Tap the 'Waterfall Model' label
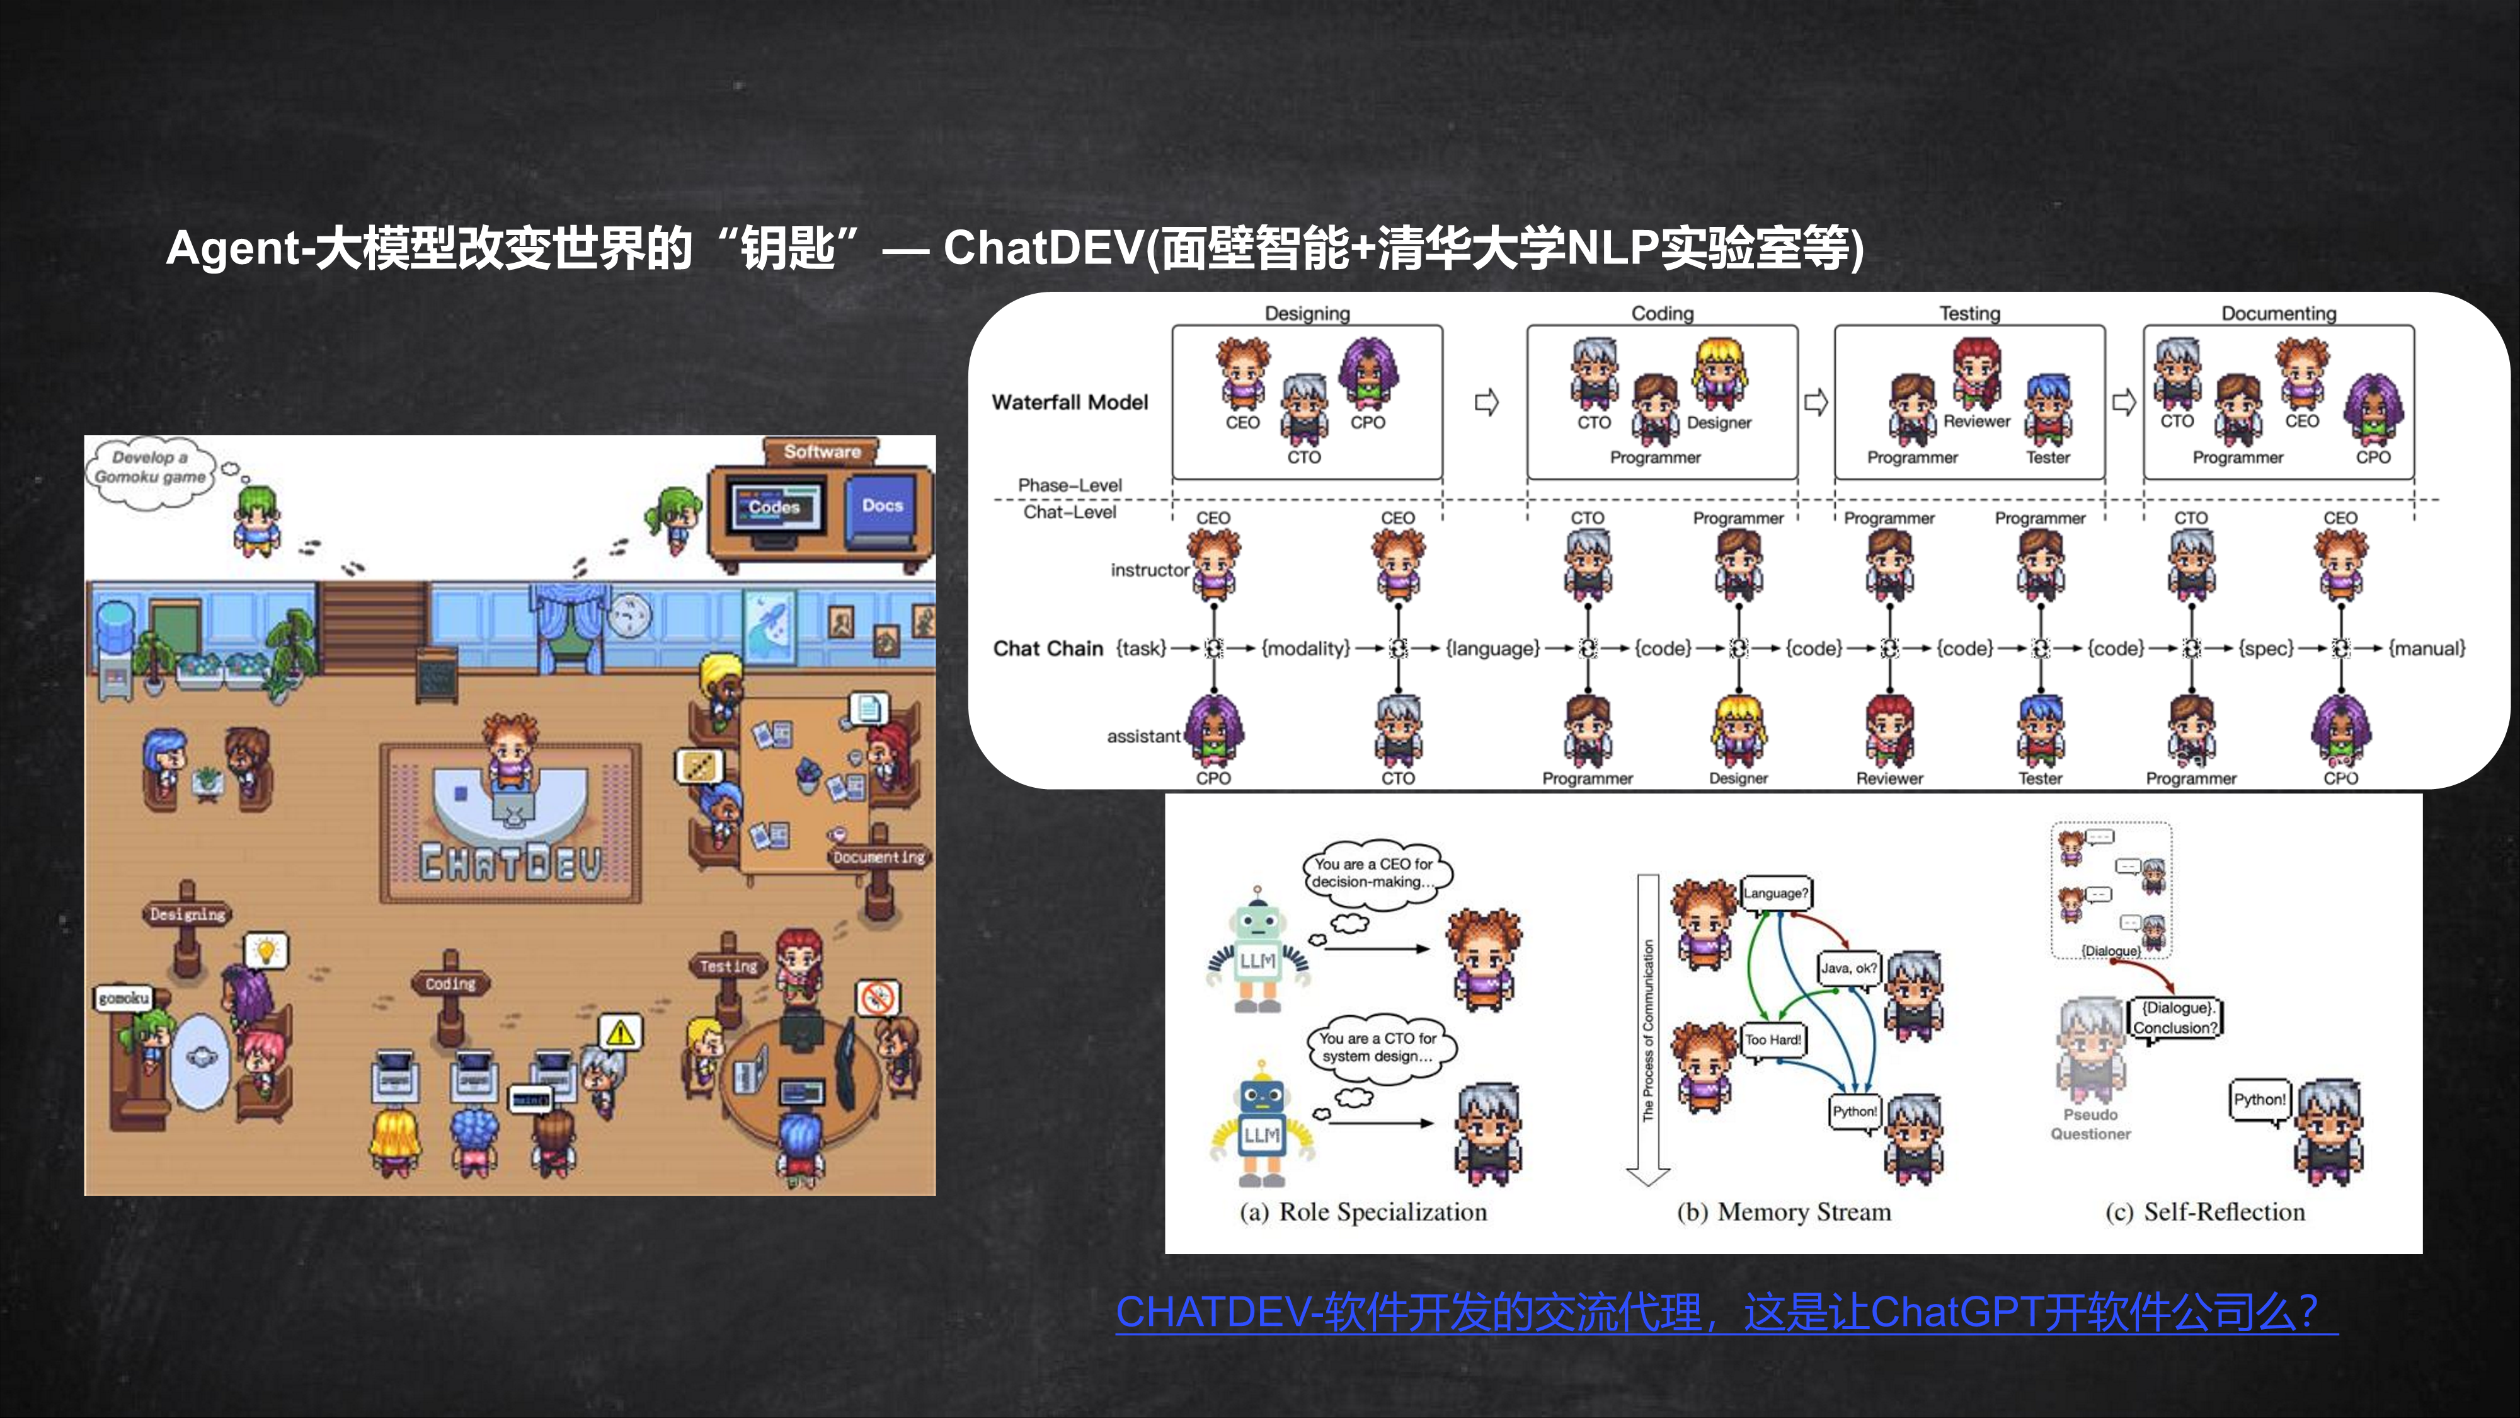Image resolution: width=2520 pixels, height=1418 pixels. [1069, 402]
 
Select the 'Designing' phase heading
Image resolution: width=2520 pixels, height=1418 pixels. [1307, 313]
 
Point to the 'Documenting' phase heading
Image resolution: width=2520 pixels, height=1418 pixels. [2278, 313]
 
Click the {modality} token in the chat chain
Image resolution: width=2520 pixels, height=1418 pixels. [1306, 648]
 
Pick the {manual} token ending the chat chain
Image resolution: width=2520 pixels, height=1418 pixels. [2427, 648]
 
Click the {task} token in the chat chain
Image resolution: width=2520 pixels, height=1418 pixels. [1142, 648]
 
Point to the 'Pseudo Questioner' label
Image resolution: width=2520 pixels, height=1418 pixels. [2090, 1124]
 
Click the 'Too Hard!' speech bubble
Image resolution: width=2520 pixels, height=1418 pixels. [1773, 1039]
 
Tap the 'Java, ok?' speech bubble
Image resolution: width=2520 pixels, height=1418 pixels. [1848, 968]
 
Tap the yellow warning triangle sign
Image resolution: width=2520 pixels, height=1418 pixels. [620, 1032]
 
